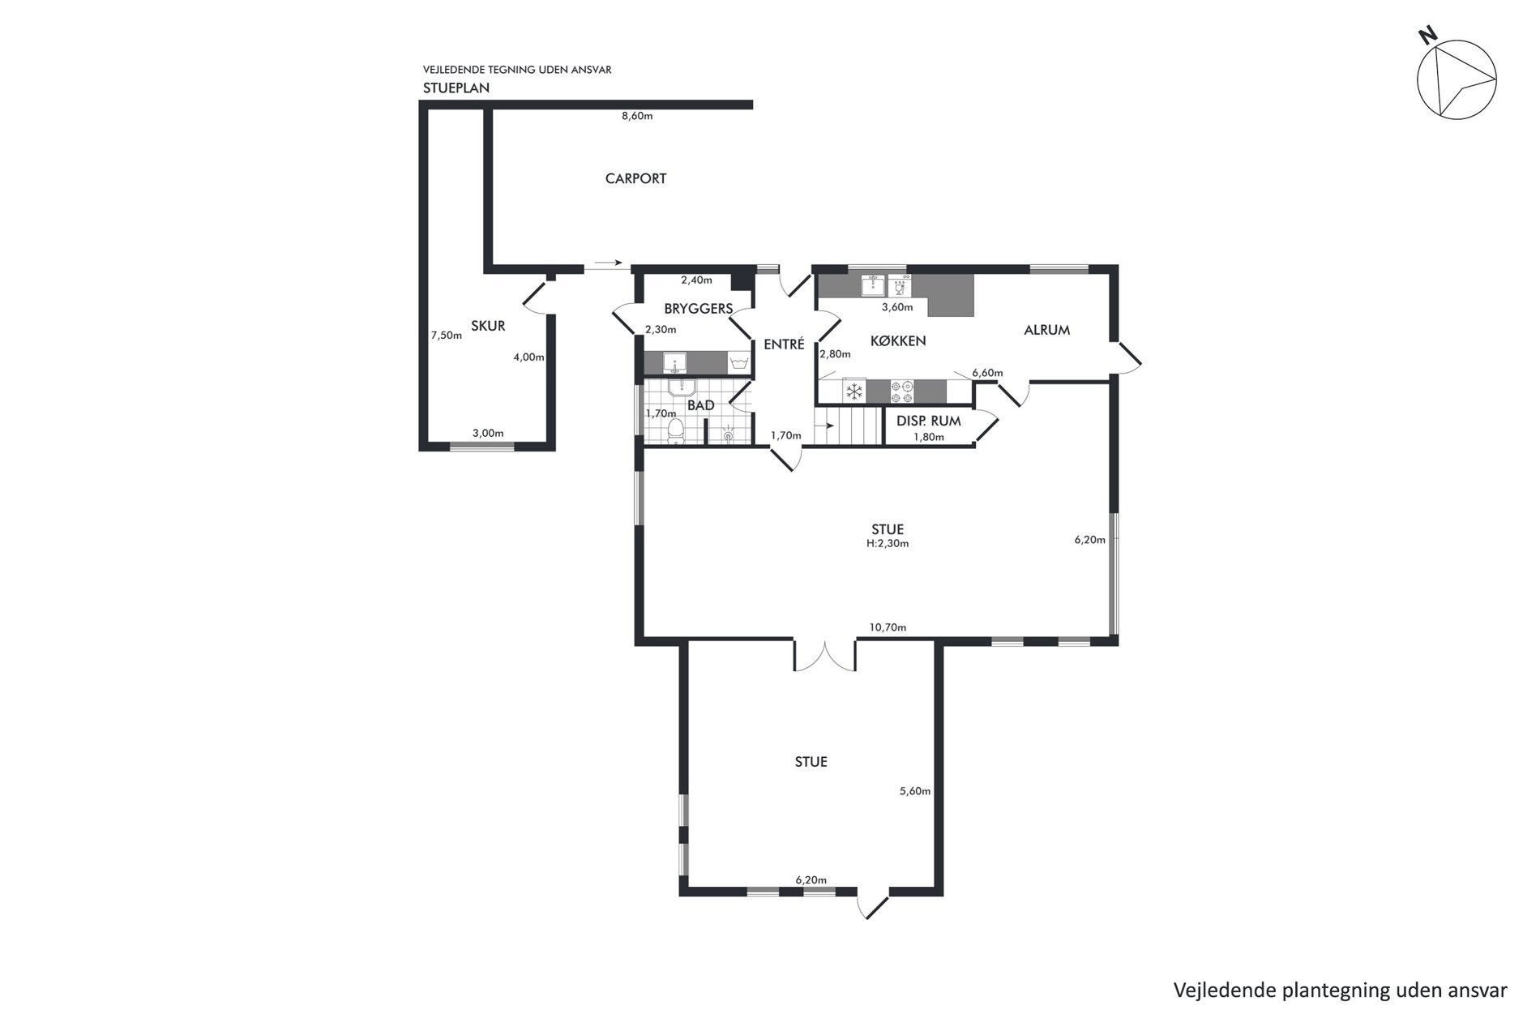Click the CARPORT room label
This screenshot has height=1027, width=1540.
(635, 178)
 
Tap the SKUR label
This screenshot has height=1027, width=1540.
(488, 326)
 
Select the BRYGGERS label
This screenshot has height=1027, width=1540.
(698, 308)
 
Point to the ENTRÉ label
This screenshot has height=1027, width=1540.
(784, 344)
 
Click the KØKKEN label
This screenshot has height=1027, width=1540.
(898, 340)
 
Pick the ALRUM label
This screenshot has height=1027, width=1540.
(1047, 330)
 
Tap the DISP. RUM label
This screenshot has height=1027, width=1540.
(929, 421)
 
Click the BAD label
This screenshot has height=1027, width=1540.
(701, 405)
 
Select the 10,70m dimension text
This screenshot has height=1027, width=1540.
(888, 627)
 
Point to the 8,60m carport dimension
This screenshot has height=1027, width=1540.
(637, 116)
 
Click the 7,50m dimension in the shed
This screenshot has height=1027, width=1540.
(446, 335)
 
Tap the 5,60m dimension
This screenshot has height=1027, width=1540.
(915, 791)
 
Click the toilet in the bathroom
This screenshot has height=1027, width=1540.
(675, 432)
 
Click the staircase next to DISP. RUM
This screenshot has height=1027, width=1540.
(848, 426)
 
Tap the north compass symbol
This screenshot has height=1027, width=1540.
(1457, 79)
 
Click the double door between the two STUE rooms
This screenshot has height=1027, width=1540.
(825, 657)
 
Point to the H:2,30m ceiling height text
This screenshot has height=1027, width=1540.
(888, 543)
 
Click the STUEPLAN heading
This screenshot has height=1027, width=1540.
(456, 88)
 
